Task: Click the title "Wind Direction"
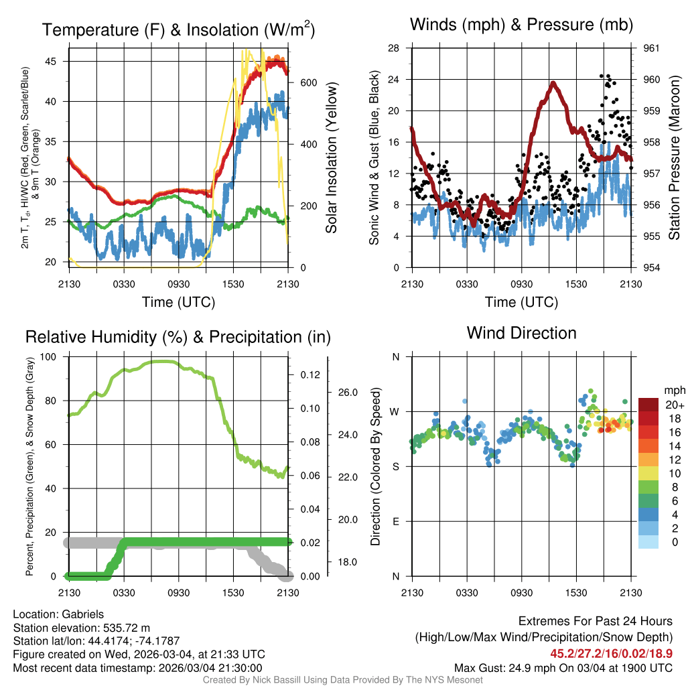pos(521,333)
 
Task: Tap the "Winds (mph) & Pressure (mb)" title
pos(521,25)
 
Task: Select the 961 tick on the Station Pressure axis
pos(650,48)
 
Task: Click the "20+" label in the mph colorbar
pos(675,405)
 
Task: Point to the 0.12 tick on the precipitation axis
pos(309,374)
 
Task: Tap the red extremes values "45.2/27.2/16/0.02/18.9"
pos(611,653)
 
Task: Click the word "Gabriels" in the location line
pos(83,614)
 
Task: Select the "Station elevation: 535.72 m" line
pos(77,628)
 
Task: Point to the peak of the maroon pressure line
pos(554,83)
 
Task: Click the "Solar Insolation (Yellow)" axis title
pos(331,158)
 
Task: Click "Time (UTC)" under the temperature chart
pos(178,302)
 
